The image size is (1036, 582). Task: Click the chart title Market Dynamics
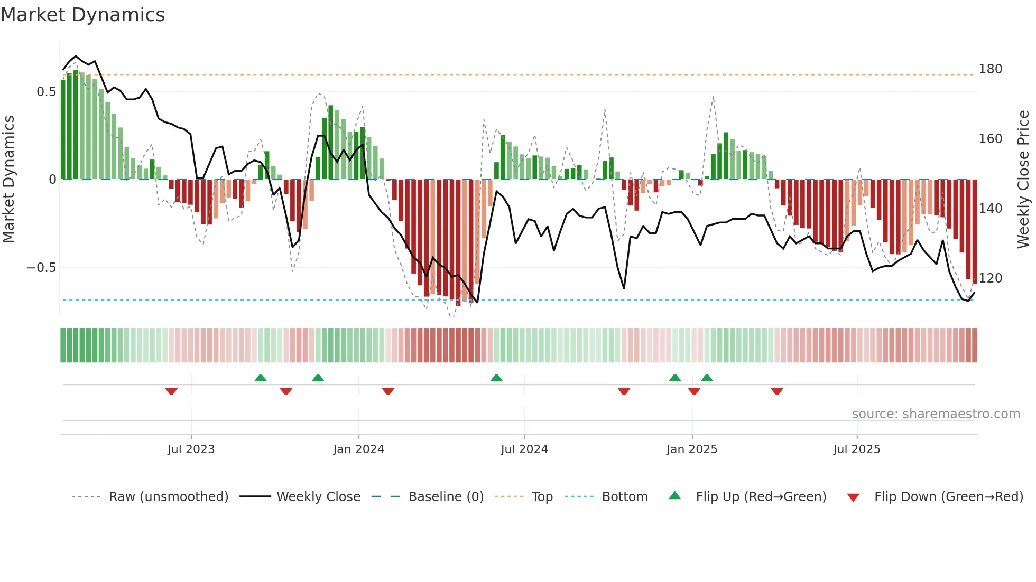[x=82, y=15]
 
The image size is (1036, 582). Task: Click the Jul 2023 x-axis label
[x=191, y=449]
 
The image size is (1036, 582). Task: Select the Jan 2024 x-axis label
[x=358, y=449]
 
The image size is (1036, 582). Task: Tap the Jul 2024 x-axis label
[x=524, y=449]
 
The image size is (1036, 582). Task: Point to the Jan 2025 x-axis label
[x=691, y=449]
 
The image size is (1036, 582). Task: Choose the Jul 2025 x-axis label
[x=856, y=449]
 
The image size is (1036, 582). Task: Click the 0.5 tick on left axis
[x=46, y=92]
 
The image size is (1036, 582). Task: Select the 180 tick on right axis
[x=990, y=69]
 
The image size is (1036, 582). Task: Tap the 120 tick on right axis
[x=990, y=278]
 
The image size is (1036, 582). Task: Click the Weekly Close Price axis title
[x=1023, y=180]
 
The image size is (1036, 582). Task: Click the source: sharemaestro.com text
[x=936, y=414]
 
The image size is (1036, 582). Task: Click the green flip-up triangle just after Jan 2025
[x=707, y=378]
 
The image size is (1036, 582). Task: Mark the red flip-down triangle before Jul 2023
[x=171, y=391]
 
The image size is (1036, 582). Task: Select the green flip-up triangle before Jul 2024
[x=496, y=378]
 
